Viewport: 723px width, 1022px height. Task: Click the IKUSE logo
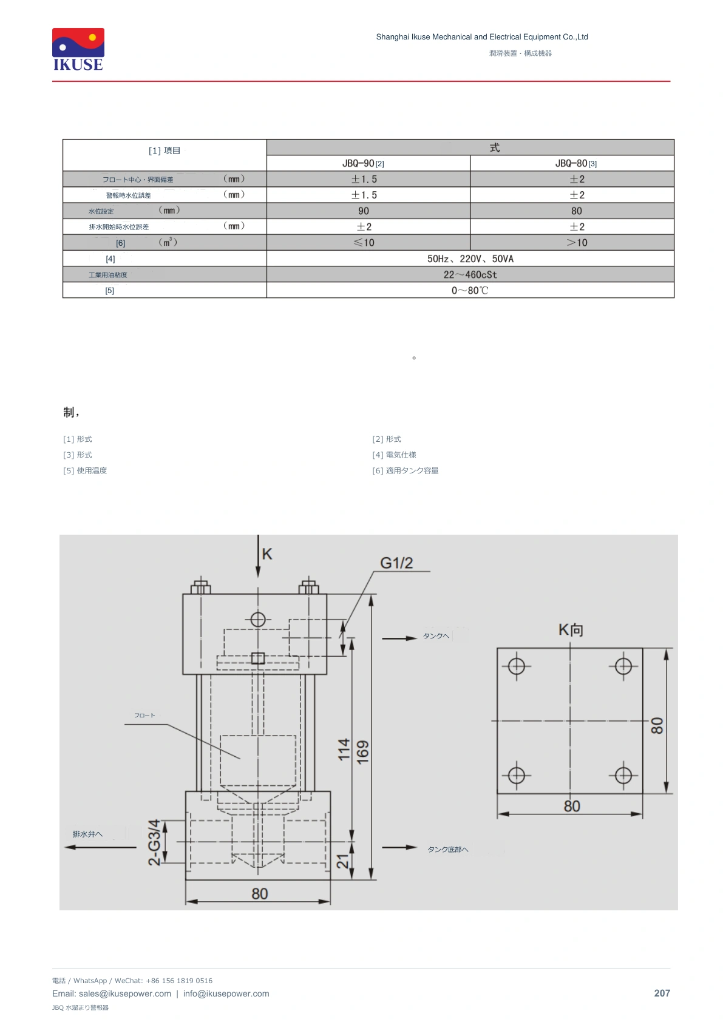(x=78, y=49)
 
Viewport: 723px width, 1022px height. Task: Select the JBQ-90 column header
(x=363, y=163)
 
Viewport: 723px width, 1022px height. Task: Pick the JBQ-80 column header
(x=575, y=163)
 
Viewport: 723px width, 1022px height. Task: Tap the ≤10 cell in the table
(x=364, y=242)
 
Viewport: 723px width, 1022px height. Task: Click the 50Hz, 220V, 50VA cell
(x=470, y=259)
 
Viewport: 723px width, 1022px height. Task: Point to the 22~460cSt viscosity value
(x=470, y=274)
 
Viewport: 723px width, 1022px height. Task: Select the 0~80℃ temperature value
(x=470, y=290)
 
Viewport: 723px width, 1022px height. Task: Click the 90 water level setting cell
(x=364, y=211)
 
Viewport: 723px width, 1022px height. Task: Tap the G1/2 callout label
(x=396, y=563)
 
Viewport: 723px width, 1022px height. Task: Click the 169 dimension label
(x=362, y=752)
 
